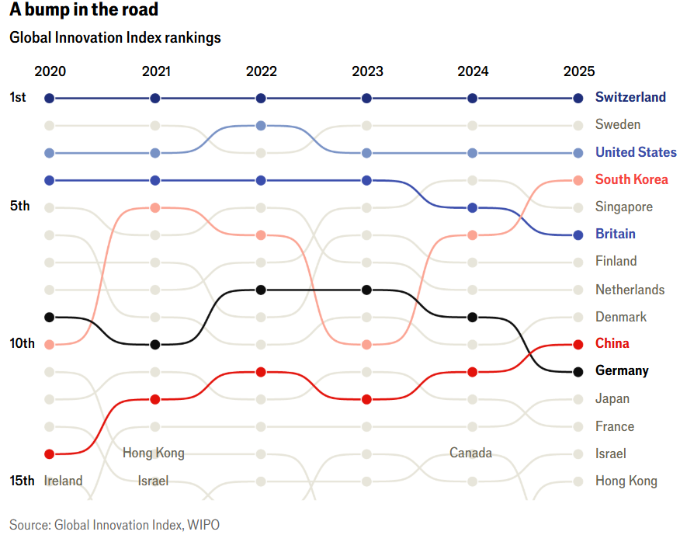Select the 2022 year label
click(261, 71)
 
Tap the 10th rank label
click(22, 343)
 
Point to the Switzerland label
click(630, 97)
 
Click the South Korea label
click(631, 179)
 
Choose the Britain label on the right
click(615, 234)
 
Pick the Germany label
click(622, 370)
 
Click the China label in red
click(612, 343)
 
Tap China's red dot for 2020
click(50, 453)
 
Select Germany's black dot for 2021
click(155, 344)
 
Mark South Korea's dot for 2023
click(367, 344)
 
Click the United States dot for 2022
click(261, 126)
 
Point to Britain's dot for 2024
click(473, 207)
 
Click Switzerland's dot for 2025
click(578, 98)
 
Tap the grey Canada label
click(470, 453)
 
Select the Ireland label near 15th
click(63, 481)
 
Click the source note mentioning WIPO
click(114, 525)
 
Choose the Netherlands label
click(630, 290)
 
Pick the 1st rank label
click(19, 97)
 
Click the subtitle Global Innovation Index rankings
click(115, 38)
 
